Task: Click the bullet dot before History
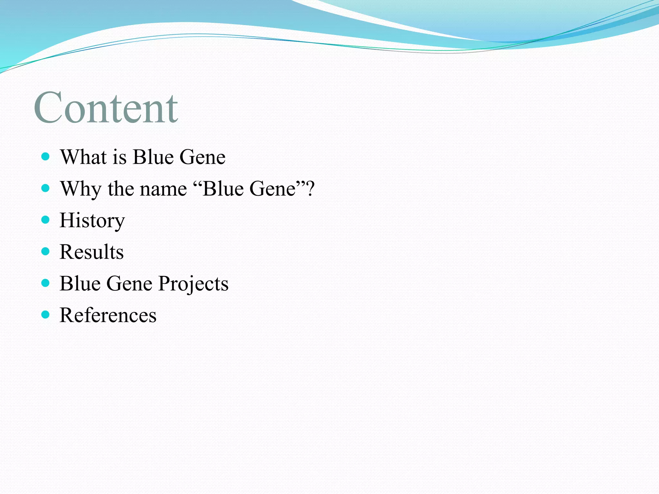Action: coord(46,220)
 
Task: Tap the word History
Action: coord(92,221)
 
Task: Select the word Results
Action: coord(91,252)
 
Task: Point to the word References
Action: coord(108,315)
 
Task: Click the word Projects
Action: coord(193,284)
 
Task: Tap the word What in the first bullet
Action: coord(83,157)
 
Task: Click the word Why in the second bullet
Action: coord(81,189)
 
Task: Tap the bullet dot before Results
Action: coord(46,251)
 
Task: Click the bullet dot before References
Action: coord(46,314)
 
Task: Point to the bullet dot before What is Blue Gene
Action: coord(46,157)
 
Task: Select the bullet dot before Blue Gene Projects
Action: coord(46,283)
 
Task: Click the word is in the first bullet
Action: coord(119,157)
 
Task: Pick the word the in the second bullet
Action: coord(120,189)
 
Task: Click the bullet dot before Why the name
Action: coord(46,188)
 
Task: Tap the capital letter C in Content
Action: coord(48,108)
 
